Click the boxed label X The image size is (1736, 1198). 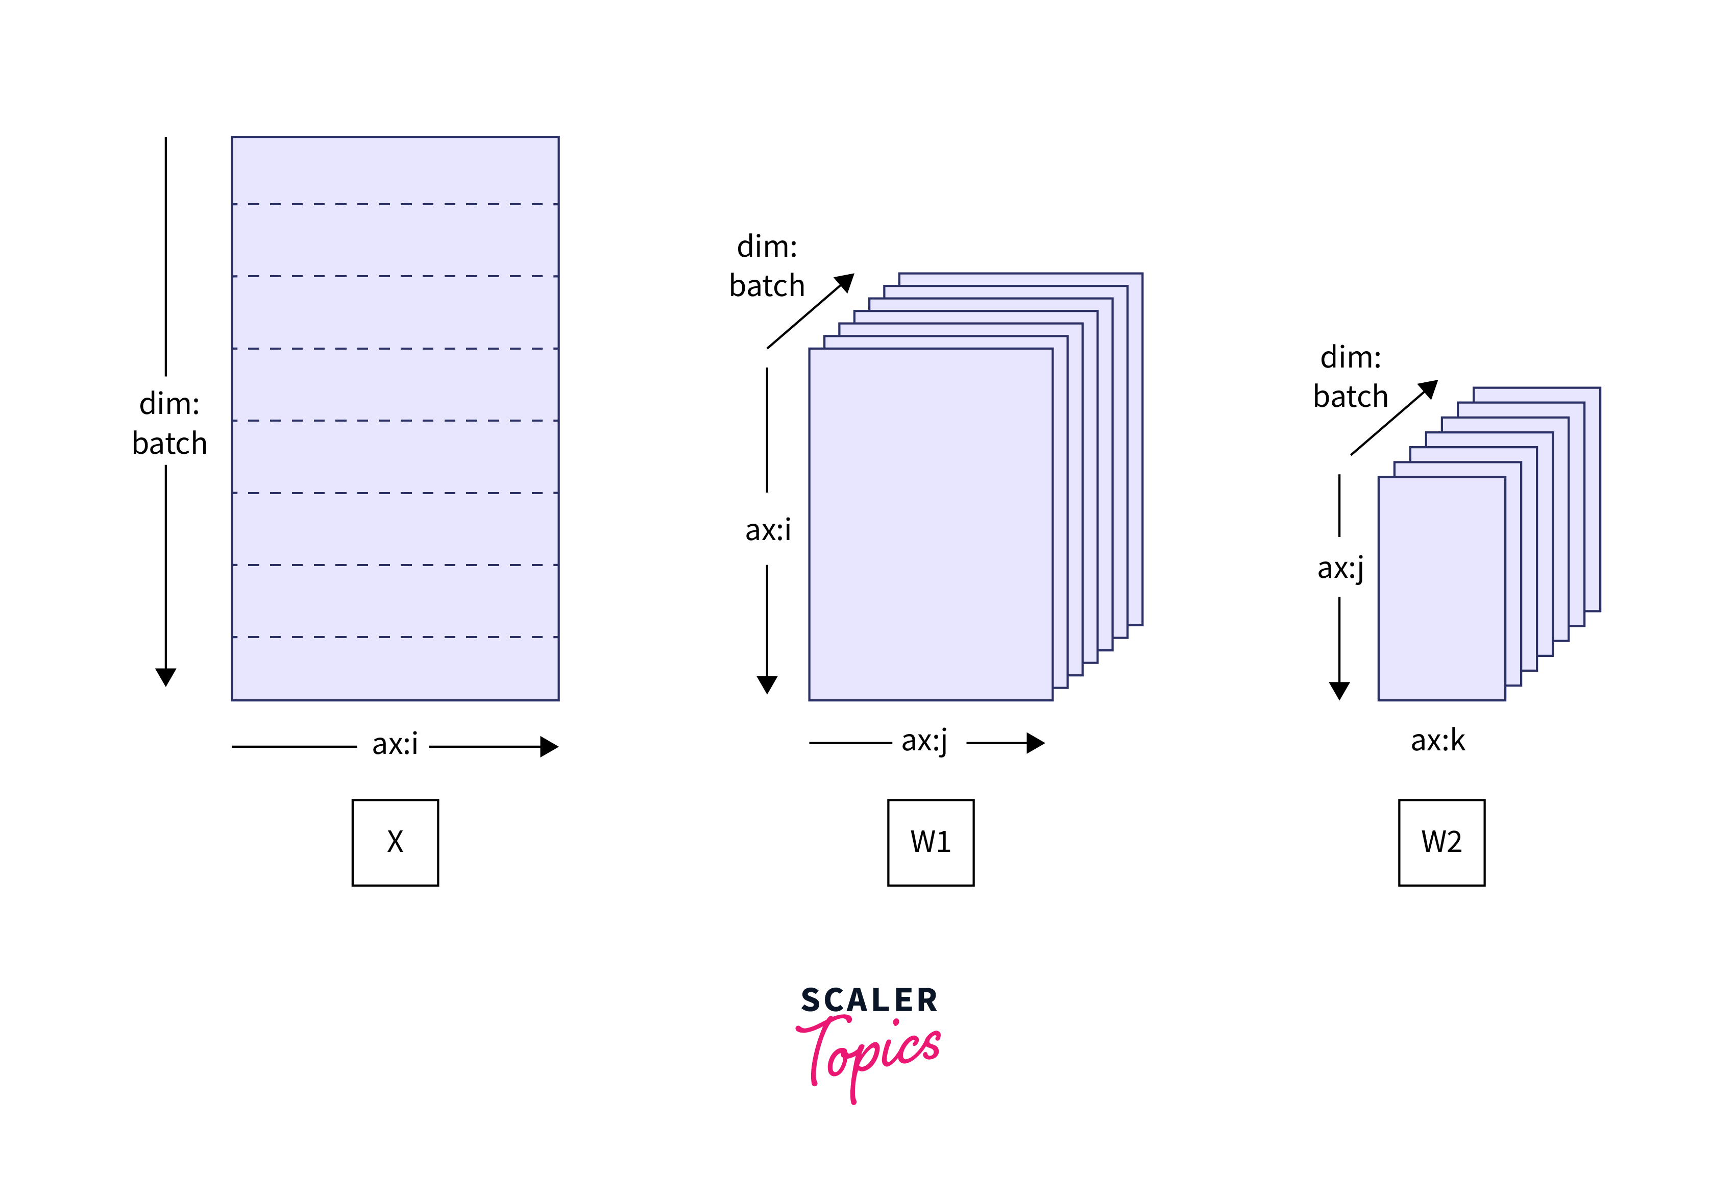[x=395, y=842]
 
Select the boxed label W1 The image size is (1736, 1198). [x=931, y=842]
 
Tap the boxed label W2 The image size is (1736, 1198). [x=1441, y=842]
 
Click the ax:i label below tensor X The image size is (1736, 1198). [x=395, y=744]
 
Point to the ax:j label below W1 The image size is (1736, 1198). [x=925, y=741]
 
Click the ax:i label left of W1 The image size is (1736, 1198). [x=768, y=530]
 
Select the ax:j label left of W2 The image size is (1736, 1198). [x=1340, y=568]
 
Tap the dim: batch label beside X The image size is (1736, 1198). [x=169, y=423]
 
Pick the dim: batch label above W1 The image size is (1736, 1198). [x=767, y=266]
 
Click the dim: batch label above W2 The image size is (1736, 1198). [x=1350, y=377]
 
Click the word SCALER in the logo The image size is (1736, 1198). [x=869, y=1000]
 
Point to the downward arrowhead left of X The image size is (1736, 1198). [x=166, y=677]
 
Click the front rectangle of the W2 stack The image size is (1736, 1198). [x=1441, y=589]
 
